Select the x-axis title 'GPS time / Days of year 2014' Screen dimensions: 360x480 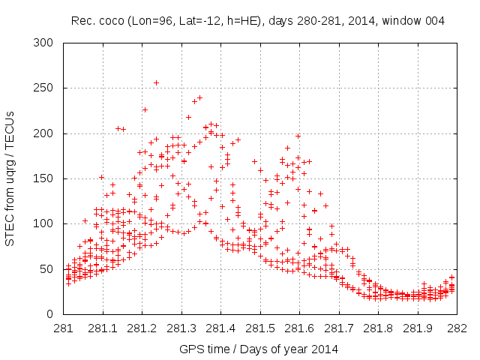click(x=259, y=349)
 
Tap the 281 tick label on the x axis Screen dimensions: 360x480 click(x=63, y=328)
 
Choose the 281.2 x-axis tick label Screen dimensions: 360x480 click(x=142, y=328)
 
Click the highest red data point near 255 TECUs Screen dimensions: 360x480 click(x=156, y=83)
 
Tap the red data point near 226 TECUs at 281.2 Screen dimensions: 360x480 click(x=145, y=109)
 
